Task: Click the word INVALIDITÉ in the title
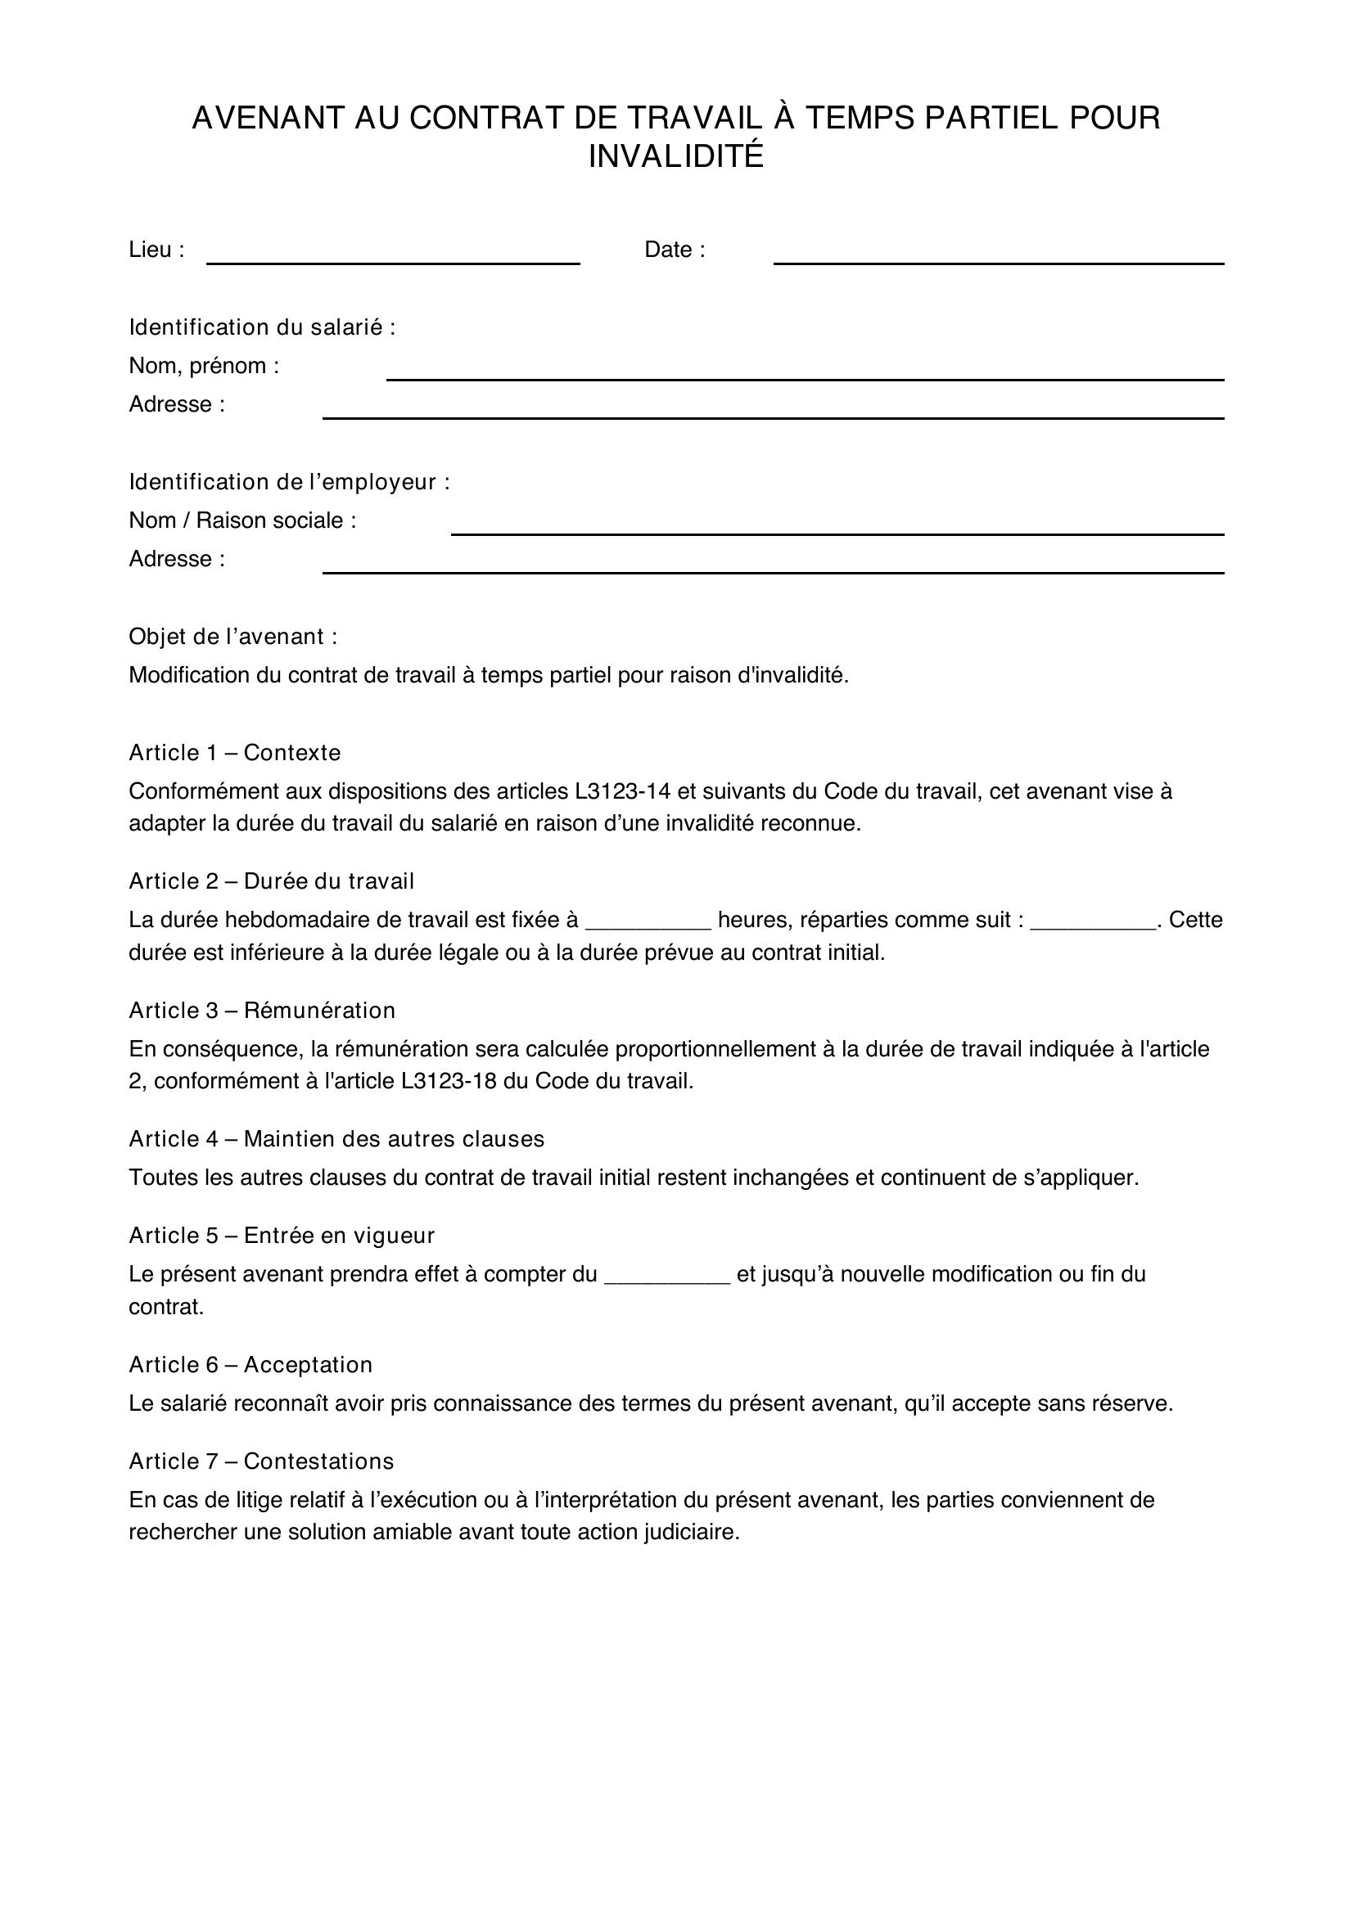pos(676,157)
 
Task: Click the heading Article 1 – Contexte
pos(234,753)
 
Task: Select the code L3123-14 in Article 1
pos(623,791)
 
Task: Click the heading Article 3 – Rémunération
pos(262,1011)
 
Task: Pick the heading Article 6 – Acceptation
pos(250,1365)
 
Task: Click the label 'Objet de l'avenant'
pos(232,637)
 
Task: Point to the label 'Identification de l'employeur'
pos(288,482)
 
